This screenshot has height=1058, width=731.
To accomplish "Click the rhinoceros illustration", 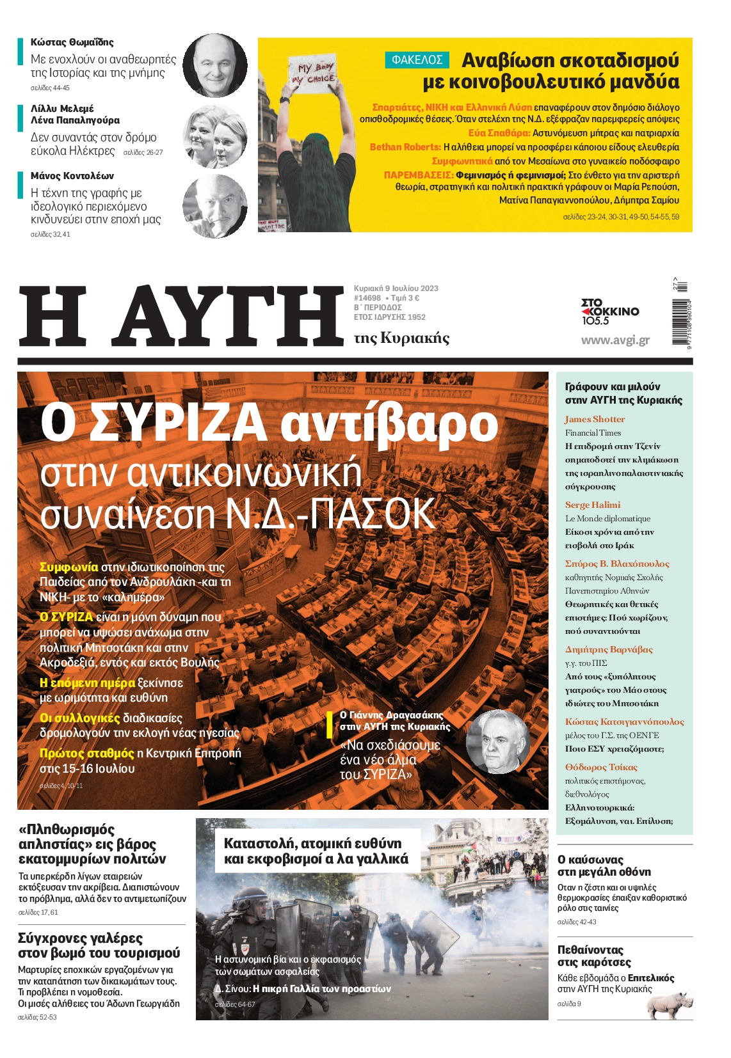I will (670, 1005).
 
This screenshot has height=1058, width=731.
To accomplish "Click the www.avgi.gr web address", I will (615, 340).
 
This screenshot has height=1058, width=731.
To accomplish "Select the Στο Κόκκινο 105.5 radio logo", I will (609, 312).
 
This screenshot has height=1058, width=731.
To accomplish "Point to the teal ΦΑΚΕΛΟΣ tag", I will (417, 60).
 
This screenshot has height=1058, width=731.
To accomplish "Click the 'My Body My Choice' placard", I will (314, 73).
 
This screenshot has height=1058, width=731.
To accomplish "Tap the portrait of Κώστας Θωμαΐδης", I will (215, 65).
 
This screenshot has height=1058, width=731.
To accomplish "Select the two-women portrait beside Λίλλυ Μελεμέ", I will (215, 136).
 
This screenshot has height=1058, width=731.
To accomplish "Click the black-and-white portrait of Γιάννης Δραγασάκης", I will (497, 742).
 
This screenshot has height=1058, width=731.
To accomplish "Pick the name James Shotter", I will (595, 420).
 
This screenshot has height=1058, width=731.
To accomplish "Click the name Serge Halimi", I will (593, 505).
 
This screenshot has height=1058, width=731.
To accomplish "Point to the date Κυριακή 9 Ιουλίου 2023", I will (396, 288).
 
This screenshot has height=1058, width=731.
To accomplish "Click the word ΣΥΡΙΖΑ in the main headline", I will (179, 423).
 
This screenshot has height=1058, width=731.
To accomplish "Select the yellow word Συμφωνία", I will (69, 567).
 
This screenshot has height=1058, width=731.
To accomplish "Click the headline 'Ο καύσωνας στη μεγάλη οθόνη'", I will (604, 866).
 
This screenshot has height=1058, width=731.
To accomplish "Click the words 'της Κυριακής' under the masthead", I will (402, 338).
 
